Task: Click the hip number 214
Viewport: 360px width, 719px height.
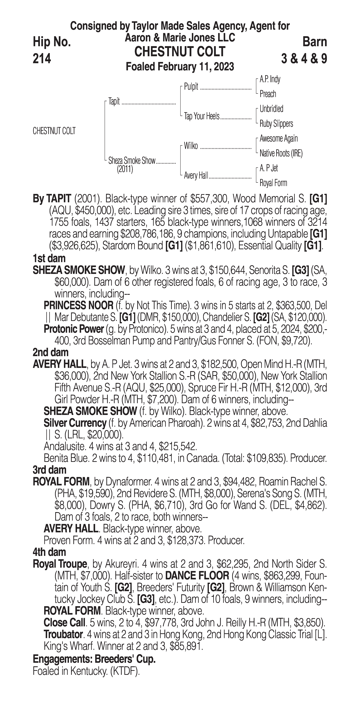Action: [42, 59]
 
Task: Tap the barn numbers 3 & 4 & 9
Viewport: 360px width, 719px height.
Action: [304, 59]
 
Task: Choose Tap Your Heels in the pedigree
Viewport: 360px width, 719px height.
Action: [201, 116]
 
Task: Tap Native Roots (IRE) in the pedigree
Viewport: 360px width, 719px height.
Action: [281, 153]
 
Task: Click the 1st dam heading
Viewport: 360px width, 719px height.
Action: [49, 258]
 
